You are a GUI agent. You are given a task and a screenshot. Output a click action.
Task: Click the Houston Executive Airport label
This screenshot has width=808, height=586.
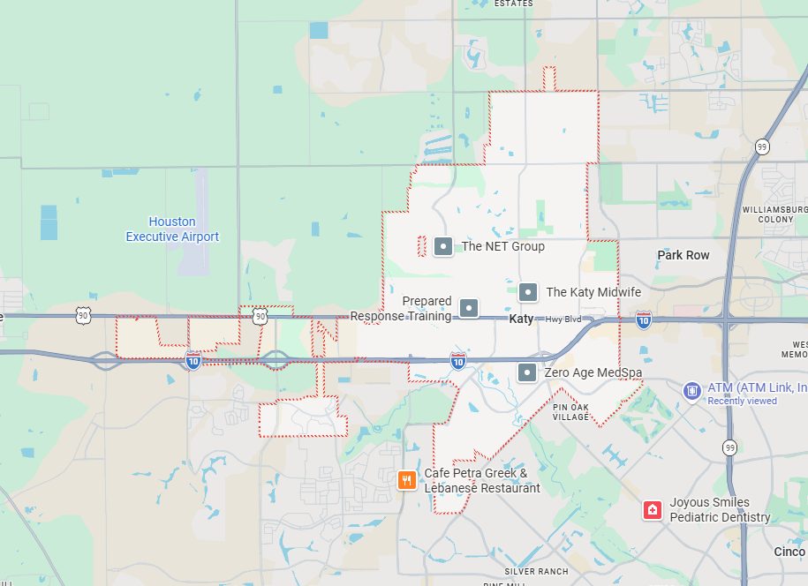[172, 229]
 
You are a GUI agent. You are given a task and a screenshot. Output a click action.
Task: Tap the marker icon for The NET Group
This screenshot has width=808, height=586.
[443, 246]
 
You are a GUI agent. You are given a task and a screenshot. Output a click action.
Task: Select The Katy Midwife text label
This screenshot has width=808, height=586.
[593, 292]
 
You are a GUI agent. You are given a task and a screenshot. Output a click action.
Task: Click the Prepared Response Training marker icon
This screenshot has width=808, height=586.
[470, 308]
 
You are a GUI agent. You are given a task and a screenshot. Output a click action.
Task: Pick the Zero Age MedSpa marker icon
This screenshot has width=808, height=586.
[527, 372]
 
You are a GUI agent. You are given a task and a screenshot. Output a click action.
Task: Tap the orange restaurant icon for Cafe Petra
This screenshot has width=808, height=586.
[407, 480]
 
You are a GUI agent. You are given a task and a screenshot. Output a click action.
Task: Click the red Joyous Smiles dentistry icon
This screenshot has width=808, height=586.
[653, 510]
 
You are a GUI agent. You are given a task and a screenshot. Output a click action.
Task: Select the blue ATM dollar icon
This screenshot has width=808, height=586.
[691, 389]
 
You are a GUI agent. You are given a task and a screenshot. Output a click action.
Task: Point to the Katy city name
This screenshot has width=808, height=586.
[521, 319]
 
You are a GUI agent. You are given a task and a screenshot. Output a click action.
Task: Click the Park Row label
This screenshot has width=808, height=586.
[683, 255]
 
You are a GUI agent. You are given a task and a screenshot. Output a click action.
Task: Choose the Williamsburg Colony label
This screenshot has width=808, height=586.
[774, 214]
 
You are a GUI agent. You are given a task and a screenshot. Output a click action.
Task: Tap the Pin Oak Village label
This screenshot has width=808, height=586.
[570, 411]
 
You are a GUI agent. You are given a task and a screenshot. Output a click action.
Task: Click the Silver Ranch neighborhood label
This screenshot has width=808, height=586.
[537, 571]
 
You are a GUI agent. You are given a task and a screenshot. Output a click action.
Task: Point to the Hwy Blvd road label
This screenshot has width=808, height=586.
[563, 319]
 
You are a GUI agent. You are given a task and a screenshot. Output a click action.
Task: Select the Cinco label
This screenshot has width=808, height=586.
[789, 552]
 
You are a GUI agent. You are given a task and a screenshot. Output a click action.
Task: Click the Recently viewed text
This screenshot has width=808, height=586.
[742, 401]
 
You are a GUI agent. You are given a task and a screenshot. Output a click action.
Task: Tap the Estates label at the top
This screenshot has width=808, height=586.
[513, 4]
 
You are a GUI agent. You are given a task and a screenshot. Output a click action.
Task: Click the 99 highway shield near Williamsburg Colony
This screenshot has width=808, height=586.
[761, 146]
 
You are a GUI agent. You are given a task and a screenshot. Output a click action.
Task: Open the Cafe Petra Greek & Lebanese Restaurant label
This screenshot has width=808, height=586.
[481, 480]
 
